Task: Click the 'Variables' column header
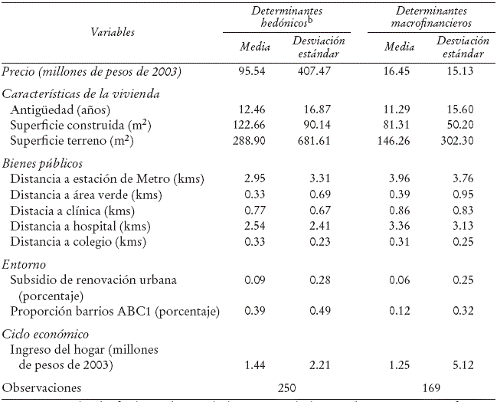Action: pos(113,32)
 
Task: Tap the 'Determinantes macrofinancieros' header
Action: pos(432,18)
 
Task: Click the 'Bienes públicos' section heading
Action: pos(42,164)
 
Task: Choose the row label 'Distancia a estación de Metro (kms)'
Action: pos(107,180)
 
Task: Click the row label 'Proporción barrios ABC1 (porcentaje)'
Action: pos(115,312)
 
